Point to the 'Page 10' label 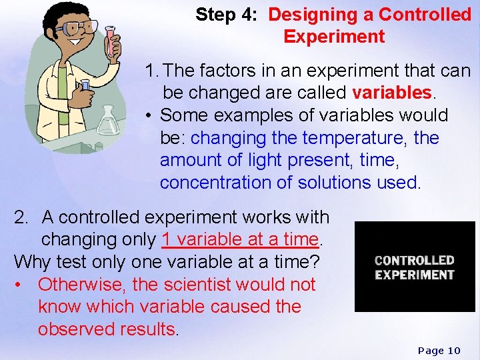(x=439, y=351)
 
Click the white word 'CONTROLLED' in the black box (x=414, y=260)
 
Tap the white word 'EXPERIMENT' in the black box (x=414, y=275)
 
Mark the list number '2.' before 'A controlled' (x=22, y=217)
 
